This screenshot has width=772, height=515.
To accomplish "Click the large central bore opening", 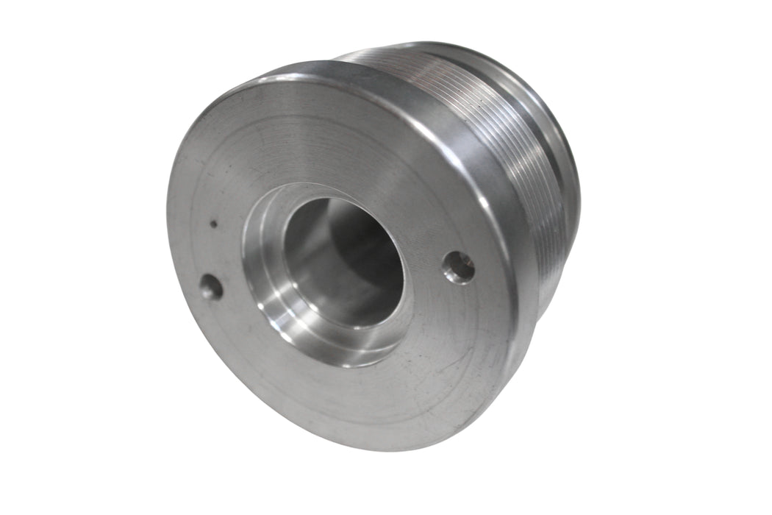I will click(342, 261).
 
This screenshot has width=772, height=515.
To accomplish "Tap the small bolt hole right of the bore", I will click(459, 267).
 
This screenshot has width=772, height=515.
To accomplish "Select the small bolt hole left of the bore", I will click(211, 287).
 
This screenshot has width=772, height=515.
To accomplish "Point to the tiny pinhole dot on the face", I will click(213, 224).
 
